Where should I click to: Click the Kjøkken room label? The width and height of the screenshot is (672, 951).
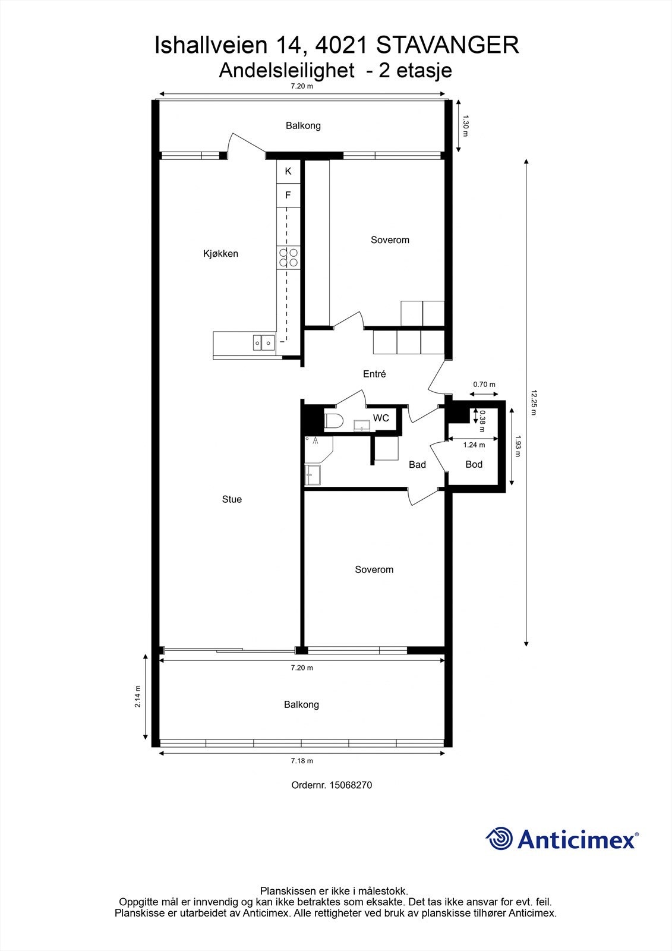pyautogui.click(x=220, y=254)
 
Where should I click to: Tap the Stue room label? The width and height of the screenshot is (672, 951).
pyautogui.click(x=232, y=499)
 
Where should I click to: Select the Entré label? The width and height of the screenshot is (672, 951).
pyautogui.click(x=374, y=374)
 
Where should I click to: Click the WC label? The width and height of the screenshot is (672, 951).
pyautogui.click(x=381, y=418)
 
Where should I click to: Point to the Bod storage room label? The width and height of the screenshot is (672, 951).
pyautogui.click(x=474, y=464)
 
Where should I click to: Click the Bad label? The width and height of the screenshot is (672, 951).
pyautogui.click(x=417, y=465)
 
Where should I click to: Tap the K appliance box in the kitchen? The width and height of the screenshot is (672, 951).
pyautogui.click(x=288, y=172)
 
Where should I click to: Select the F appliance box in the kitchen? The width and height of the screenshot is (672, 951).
pyautogui.click(x=288, y=196)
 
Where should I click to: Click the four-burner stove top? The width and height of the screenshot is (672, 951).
pyautogui.click(x=288, y=258)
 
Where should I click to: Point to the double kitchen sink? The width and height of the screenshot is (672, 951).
pyautogui.click(x=264, y=342)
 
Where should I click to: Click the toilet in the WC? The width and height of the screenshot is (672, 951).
pyautogui.click(x=334, y=421)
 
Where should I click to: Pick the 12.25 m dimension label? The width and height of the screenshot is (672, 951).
pyautogui.click(x=534, y=402)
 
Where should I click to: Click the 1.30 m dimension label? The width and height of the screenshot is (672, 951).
pyautogui.click(x=465, y=125)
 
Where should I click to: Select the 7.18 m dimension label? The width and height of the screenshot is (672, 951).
pyautogui.click(x=302, y=773)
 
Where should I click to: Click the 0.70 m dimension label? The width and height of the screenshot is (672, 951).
pyautogui.click(x=484, y=385)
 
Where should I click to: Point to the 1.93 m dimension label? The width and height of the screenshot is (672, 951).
pyautogui.click(x=517, y=446)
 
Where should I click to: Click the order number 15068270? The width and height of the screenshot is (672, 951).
pyautogui.click(x=351, y=797)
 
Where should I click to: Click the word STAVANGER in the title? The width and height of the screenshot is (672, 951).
pyautogui.click(x=448, y=46)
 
